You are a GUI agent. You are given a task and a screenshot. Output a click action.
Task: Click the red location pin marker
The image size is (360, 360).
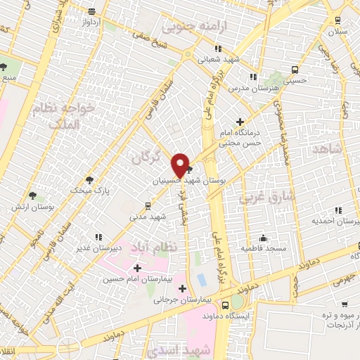181,165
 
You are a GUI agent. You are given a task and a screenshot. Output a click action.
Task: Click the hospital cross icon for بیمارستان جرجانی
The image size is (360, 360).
182,288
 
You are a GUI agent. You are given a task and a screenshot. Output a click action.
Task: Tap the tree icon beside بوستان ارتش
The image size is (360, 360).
32,195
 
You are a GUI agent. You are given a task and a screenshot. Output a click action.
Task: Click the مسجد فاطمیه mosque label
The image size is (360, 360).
262,248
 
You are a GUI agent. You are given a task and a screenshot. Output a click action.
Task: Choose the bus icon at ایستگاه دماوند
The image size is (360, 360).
225,306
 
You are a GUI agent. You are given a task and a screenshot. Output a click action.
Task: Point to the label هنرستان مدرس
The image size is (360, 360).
262,89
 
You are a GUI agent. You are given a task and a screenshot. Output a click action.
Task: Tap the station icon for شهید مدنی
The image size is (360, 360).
148,206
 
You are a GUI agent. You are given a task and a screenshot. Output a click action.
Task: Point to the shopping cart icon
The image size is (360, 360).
345,304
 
